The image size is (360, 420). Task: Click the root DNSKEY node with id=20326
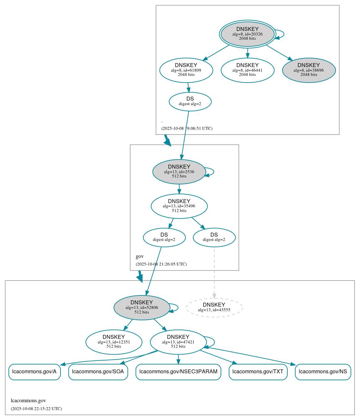[247, 34]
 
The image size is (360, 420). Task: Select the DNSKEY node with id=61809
[186, 70]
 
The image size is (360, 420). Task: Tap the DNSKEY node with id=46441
[247, 70]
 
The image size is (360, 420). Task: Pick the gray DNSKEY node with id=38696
[309, 70]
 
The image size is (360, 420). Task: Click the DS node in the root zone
[190, 101]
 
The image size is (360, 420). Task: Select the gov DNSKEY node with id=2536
[179, 172]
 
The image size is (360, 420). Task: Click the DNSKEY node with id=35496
[179, 206]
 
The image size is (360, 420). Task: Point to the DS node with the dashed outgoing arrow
[214, 237]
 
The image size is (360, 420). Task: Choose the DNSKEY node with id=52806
[142, 307]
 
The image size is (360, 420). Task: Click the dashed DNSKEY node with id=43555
[214, 307]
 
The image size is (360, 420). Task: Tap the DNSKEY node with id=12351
[114, 342]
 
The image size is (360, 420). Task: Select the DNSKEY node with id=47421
[178, 342]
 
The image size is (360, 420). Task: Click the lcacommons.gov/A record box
[35, 372]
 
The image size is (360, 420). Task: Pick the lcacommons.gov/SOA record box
[98, 372]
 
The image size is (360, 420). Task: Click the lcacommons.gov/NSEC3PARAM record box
[178, 372]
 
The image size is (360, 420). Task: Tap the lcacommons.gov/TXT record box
[258, 372]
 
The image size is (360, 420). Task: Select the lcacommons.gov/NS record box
[323, 372]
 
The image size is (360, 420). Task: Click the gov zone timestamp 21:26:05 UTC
[161, 264]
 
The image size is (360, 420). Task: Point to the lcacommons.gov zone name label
[28, 401]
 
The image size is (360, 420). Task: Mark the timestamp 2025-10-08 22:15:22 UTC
[36, 409]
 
